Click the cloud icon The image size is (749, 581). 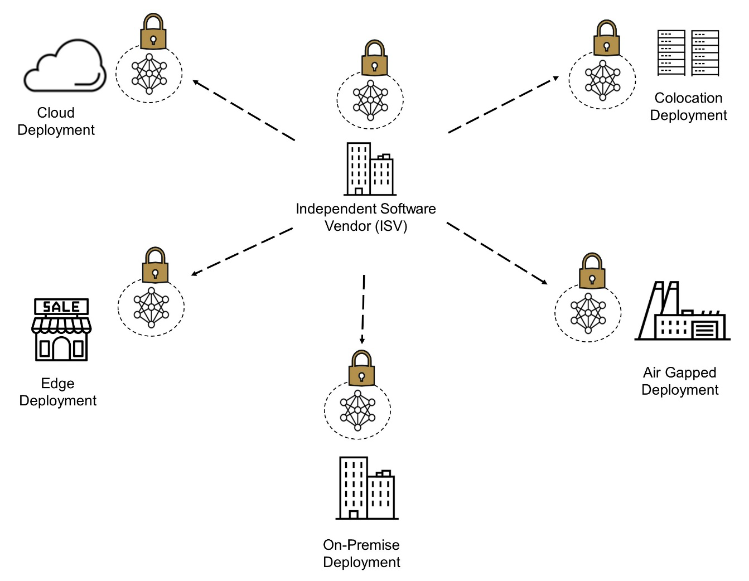pyautogui.click(x=64, y=67)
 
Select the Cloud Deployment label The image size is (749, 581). pyautogui.click(x=56, y=121)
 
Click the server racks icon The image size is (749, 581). pyautogui.click(x=688, y=53)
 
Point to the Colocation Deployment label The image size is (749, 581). pyautogui.click(x=688, y=106)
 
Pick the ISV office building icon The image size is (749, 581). pyautogui.click(x=369, y=168)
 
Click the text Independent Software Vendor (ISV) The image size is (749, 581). pyautogui.click(x=366, y=217)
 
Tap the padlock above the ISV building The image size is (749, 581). pyautogui.click(x=374, y=59)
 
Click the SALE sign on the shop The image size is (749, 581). pyautogui.click(x=61, y=307)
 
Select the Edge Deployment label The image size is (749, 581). pyautogui.click(x=57, y=392)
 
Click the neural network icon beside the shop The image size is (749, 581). pyautogui.click(x=151, y=307)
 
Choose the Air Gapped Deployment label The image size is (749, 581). pyautogui.click(x=679, y=381)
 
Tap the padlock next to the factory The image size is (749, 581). pyautogui.click(x=592, y=272)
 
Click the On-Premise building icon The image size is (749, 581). pyautogui.click(x=366, y=488)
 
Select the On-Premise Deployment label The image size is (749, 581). pyautogui.click(x=361, y=553)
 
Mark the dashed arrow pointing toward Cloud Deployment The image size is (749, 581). pyautogui.click(x=244, y=110)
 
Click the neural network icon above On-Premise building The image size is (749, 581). pyautogui.click(x=357, y=410)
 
